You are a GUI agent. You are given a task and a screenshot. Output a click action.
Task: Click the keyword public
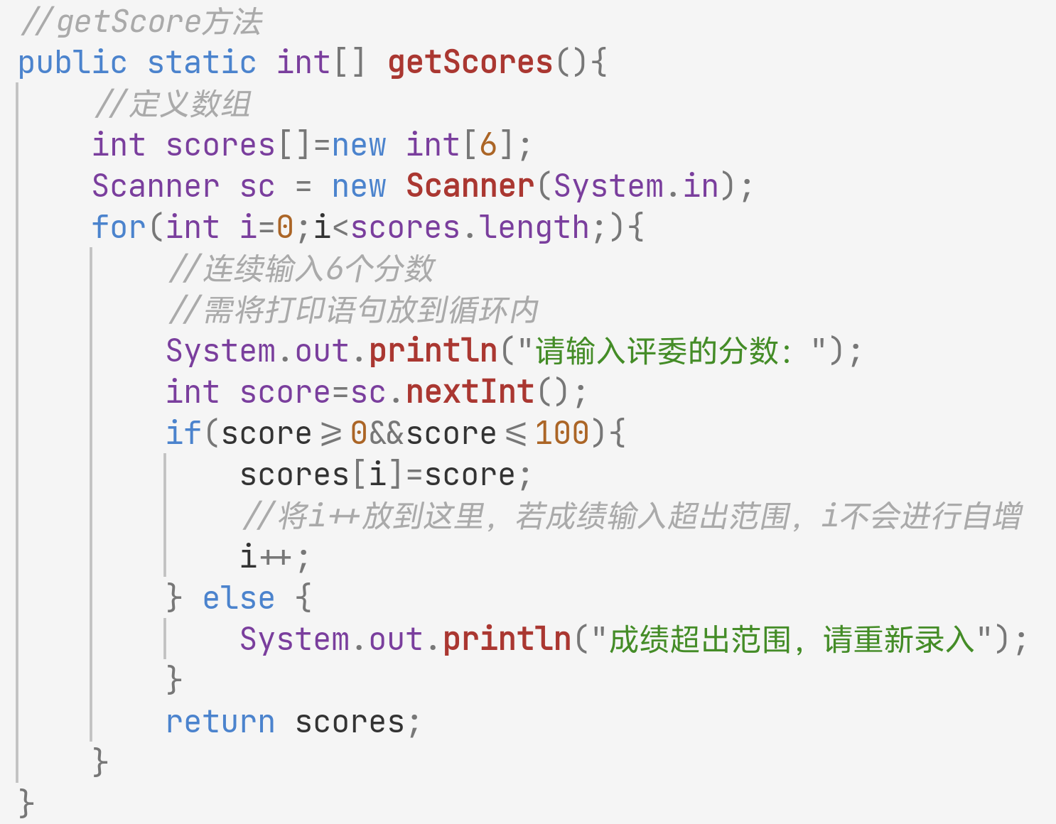(x=72, y=63)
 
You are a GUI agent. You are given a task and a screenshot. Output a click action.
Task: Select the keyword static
(x=201, y=63)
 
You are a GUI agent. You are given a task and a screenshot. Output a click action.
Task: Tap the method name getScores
(x=470, y=63)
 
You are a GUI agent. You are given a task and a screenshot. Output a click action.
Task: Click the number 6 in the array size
(x=487, y=145)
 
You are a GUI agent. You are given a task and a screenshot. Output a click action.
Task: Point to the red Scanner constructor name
(x=470, y=186)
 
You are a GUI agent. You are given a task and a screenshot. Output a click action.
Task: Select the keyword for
(x=118, y=227)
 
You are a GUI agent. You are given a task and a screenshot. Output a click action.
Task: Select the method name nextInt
(x=470, y=392)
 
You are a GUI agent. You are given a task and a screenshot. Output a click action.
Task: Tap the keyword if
(x=183, y=433)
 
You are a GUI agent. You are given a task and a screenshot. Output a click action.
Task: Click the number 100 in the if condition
(x=561, y=433)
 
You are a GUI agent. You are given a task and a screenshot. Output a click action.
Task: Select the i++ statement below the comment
(x=274, y=557)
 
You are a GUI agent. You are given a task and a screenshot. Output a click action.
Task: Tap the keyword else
(x=239, y=598)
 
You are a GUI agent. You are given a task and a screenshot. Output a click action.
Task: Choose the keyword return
(x=220, y=722)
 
